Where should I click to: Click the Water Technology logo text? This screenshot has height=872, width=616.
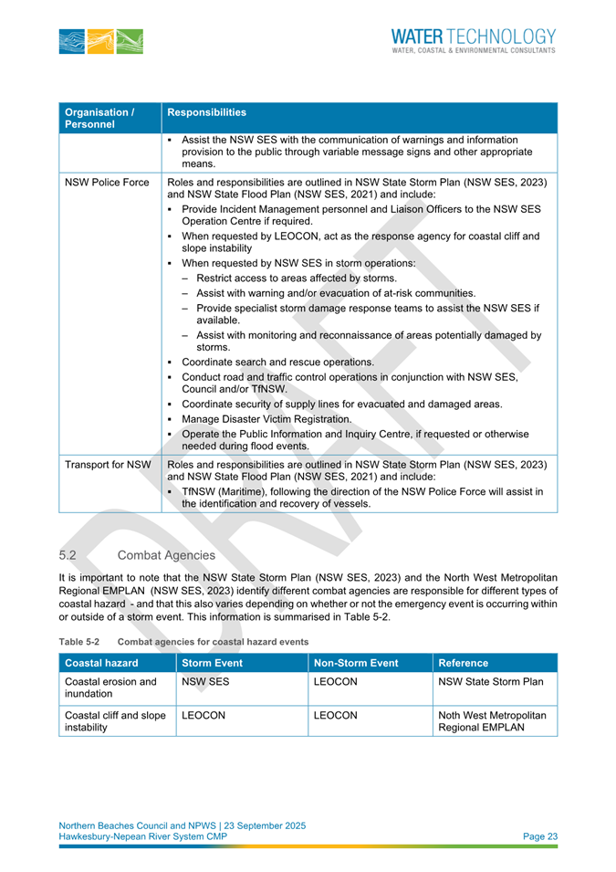click(x=472, y=41)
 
